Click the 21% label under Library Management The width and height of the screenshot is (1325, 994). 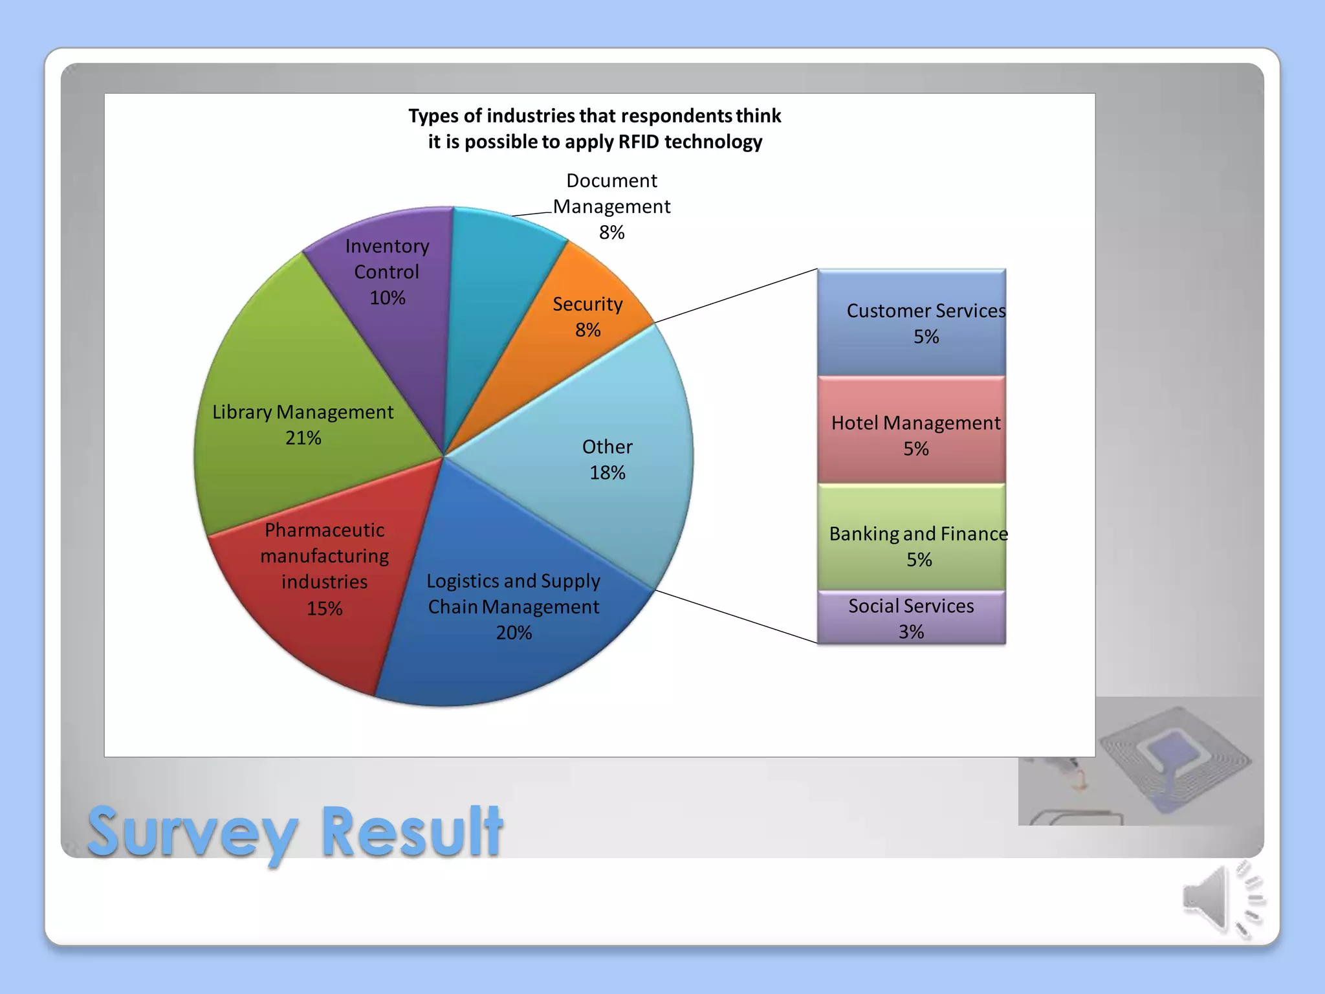click(x=303, y=438)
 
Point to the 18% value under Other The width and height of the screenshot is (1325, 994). click(x=607, y=473)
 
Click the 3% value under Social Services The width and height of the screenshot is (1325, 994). click(x=911, y=632)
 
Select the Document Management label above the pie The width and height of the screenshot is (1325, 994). click(x=611, y=194)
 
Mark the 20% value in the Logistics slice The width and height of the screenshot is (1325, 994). click(x=514, y=633)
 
